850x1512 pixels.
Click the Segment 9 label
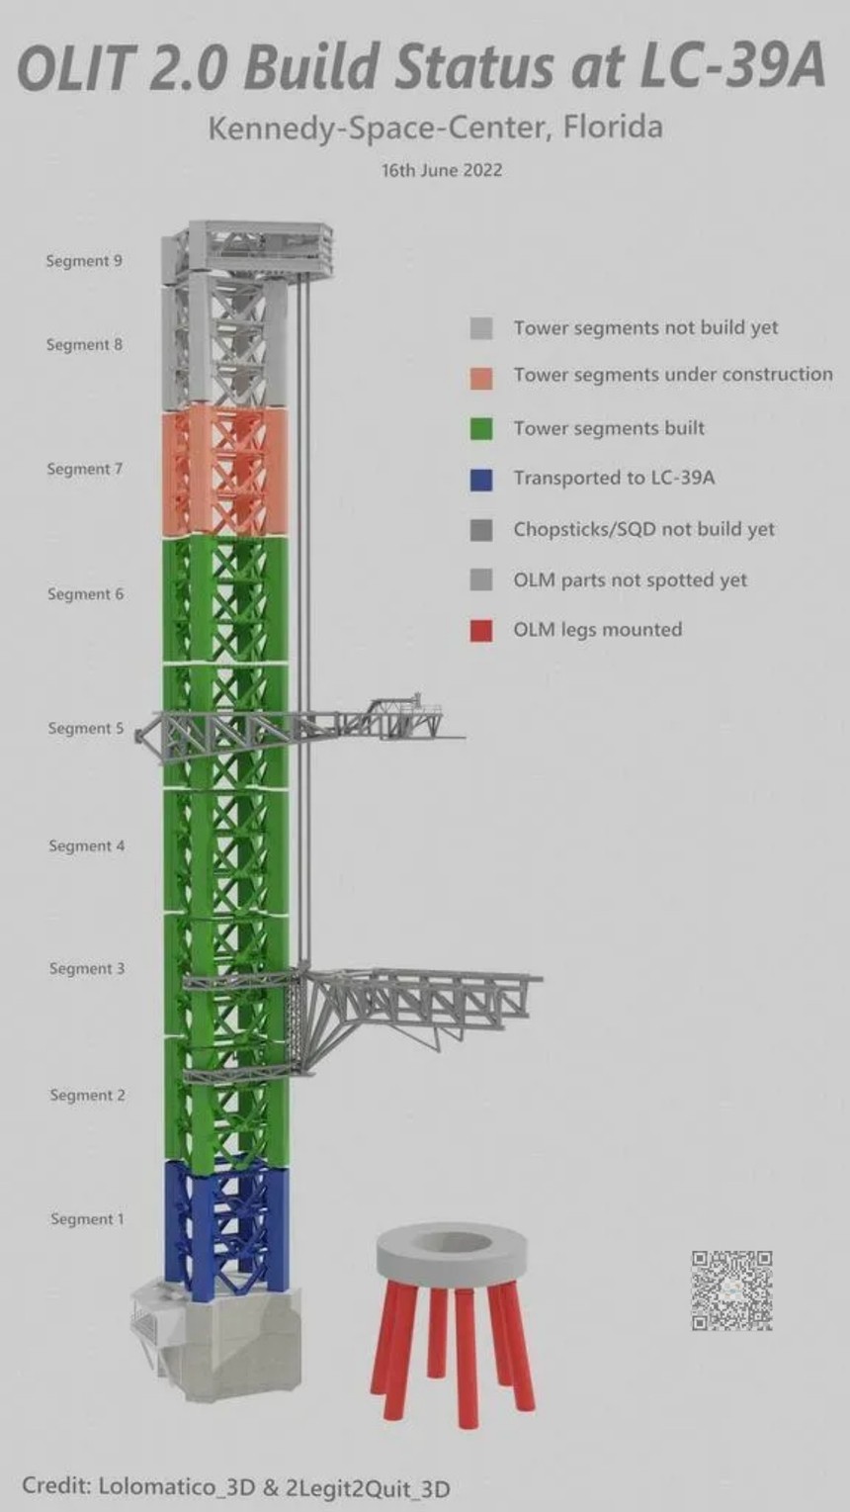coord(84,260)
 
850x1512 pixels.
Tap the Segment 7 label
coord(85,469)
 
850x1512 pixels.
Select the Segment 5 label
coord(86,729)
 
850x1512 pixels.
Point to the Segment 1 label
coord(87,1219)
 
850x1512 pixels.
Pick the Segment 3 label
coord(87,969)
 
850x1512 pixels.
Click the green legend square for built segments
coord(481,428)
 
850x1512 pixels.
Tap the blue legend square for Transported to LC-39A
coord(481,480)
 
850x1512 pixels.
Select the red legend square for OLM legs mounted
coord(481,631)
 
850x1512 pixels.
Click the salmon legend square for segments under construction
coord(481,379)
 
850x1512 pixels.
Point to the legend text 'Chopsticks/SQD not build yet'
coord(644,529)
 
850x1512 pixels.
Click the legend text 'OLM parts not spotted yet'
coord(630,579)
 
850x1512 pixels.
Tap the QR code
coord(732,1290)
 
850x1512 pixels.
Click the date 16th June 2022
coord(442,169)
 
